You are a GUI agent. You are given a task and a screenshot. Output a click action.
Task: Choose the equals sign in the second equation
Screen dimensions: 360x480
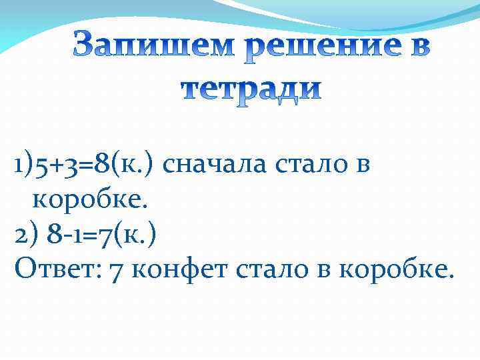(83, 235)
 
